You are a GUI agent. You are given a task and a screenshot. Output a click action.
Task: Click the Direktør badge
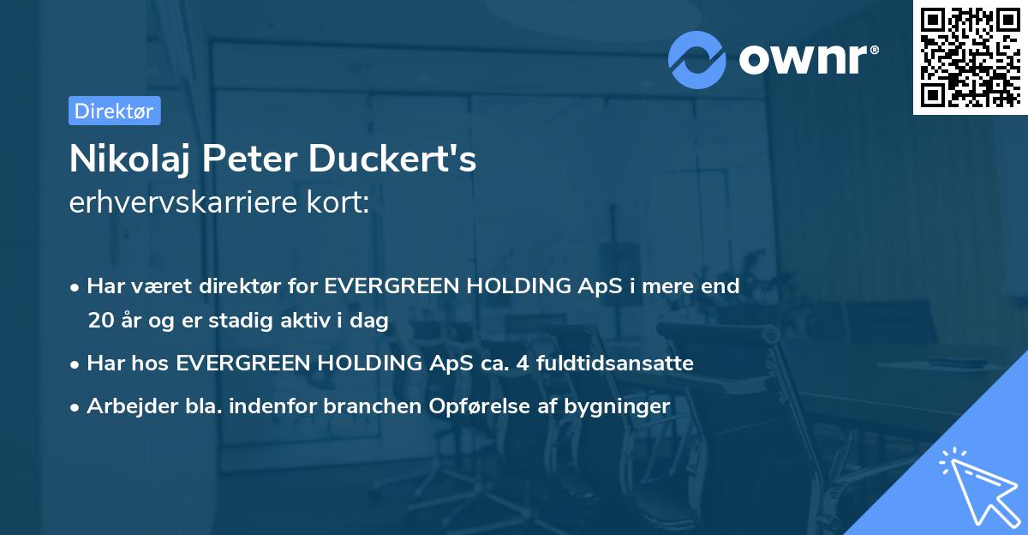click(114, 111)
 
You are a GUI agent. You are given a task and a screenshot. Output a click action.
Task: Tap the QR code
click(970, 57)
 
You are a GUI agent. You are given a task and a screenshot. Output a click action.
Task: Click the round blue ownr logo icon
click(697, 59)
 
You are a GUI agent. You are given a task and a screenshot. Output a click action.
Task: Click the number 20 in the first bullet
click(99, 321)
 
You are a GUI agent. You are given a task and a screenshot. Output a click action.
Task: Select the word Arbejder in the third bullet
click(126, 406)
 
